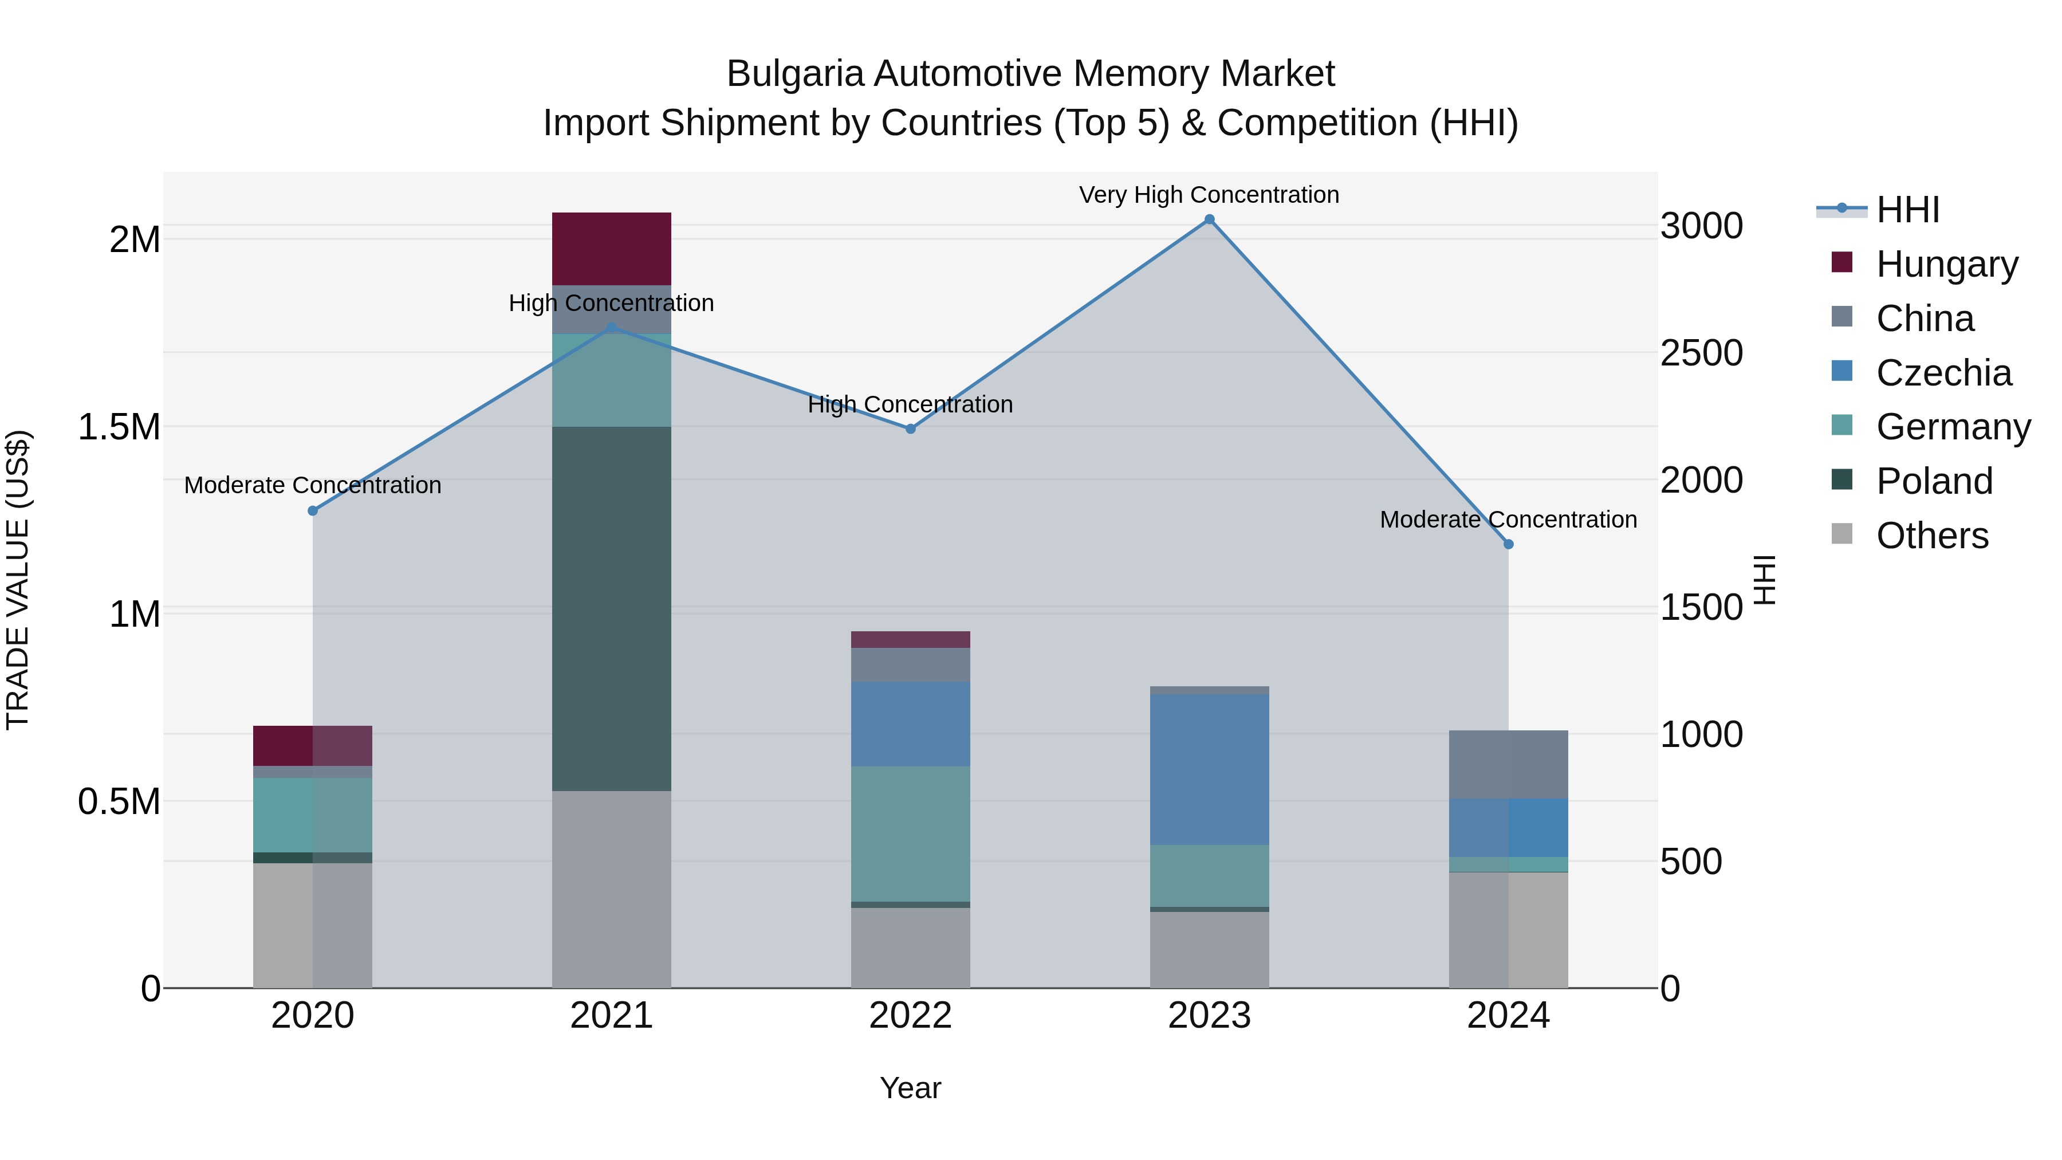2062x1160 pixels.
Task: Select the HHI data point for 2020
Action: coord(313,511)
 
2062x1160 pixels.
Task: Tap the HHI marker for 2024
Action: coord(1508,544)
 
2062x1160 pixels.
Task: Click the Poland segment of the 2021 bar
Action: coord(612,608)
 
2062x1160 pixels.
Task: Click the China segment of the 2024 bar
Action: coord(1508,765)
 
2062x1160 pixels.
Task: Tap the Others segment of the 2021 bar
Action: coord(612,888)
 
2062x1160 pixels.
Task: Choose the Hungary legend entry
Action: coord(1946,264)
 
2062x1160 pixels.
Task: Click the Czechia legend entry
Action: coord(1943,373)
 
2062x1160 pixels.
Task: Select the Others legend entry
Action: coord(1931,536)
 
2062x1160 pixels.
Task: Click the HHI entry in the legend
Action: coord(1907,210)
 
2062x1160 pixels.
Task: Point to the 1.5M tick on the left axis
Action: coord(119,427)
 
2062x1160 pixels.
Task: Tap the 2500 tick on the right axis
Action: coord(1701,353)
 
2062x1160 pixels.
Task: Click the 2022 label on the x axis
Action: coord(910,1016)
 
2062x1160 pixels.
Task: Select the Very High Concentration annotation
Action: coord(1209,195)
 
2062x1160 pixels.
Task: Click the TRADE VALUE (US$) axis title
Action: coord(18,580)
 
